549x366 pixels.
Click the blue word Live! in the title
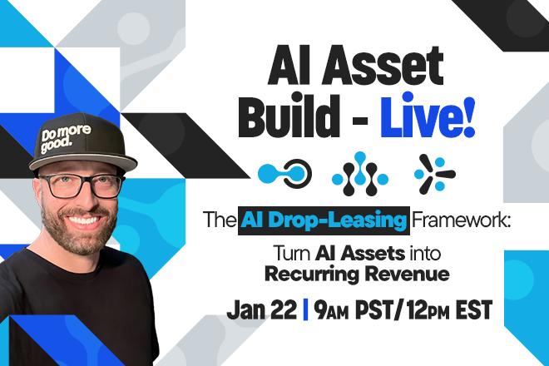pos(428,121)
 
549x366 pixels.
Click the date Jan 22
pos(263,309)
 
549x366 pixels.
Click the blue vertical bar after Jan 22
pos(306,309)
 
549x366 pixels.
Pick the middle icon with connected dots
pos(359,173)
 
